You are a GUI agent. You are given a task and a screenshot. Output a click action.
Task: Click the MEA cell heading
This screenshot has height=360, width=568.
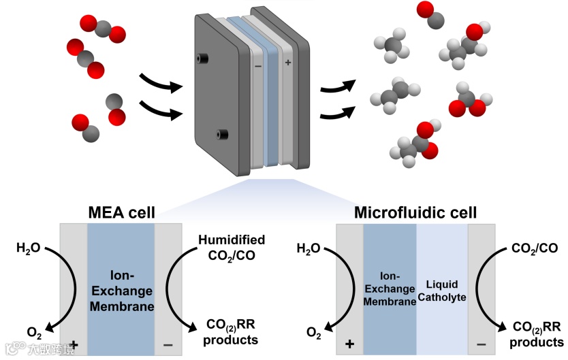point(121,213)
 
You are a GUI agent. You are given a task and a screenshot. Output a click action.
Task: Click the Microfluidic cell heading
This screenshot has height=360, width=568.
point(415,213)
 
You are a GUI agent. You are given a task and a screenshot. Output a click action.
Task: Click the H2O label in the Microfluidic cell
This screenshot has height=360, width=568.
point(309,249)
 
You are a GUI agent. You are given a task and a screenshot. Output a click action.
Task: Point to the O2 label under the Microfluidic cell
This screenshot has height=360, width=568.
point(314,333)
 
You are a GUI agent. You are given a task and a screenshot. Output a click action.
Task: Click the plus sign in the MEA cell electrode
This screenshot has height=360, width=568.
point(74,345)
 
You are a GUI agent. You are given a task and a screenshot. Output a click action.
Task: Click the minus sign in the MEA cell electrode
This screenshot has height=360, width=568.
point(168,346)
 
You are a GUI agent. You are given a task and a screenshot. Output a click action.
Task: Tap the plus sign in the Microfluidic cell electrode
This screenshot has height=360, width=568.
point(350,344)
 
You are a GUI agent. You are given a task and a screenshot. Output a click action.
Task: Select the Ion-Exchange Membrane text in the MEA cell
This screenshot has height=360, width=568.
point(121,291)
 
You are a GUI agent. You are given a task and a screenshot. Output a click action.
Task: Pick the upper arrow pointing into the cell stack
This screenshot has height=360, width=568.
point(161,84)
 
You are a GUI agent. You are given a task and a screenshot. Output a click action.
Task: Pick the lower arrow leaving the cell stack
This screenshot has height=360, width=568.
point(338,111)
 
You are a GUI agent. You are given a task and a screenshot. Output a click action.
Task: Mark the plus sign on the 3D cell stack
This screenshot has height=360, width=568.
point(287,63)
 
